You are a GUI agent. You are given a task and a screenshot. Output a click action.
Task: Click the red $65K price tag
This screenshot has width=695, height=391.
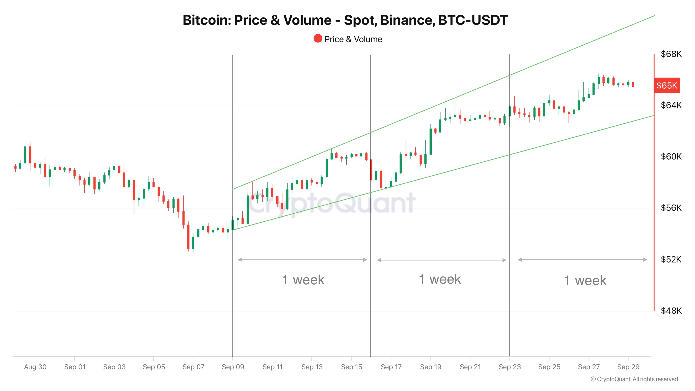pyautogui.click(x=666, y=86)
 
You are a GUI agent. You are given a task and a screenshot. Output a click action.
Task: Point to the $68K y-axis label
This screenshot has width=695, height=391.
pyautogui.click(x=671, y=54)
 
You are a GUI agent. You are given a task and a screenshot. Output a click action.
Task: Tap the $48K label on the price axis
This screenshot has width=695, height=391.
pyautogui.click(x=671, y=311)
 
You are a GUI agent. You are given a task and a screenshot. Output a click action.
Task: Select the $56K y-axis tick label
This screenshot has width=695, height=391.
pyautogui.click(x=671, y=208)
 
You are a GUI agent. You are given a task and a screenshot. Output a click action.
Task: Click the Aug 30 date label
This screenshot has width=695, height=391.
pyautogui.click(x=35, y=367)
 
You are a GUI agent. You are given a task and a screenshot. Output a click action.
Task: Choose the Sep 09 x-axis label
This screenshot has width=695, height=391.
pyautogui.click(x=233, y=367)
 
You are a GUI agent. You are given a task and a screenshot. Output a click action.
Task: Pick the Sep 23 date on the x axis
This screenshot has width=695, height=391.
pyautogui.click(x=509, y=367)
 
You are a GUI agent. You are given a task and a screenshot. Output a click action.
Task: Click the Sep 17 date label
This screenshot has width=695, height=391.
pyautogui.click(x=391, y=367)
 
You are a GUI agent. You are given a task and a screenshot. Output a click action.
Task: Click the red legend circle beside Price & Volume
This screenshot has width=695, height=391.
pyautogui.click(x=318, y=39)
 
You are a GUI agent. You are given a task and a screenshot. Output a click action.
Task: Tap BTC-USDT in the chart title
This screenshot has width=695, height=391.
pyautogui.click(x=473, y=20)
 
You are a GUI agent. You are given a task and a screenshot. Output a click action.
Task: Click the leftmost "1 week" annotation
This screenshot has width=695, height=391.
pyautogui.click(x=303, y=280)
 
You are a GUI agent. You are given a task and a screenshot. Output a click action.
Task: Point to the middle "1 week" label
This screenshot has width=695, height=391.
pyautogui.click(x=440, y=279)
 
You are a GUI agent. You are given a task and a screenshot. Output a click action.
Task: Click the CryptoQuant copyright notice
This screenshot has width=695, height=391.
pyautogui.click(x=634, y=379)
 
